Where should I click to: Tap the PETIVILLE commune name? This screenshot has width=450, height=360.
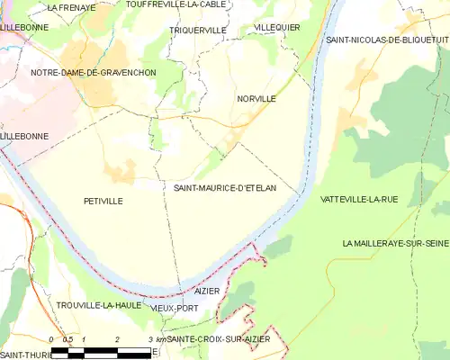tap(103, 201)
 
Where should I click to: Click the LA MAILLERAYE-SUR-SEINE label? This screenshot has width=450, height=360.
tap(396, 244)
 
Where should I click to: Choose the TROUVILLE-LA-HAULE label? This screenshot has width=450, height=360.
tap(98, 305)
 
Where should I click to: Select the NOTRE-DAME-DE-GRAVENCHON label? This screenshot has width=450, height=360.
tap(93, 72)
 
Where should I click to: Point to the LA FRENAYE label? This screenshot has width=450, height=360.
tap(71, 7)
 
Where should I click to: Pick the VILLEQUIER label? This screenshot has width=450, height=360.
tap(277, 28)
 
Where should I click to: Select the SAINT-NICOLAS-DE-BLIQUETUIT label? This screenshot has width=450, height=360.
tap(388, 40)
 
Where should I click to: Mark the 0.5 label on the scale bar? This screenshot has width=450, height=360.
tap(67, 339)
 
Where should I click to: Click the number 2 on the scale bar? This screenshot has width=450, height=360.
tap(117, 339)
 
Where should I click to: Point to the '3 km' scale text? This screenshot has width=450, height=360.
tap(156, 339)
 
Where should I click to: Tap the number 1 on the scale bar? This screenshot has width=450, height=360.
tap(84, 339)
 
